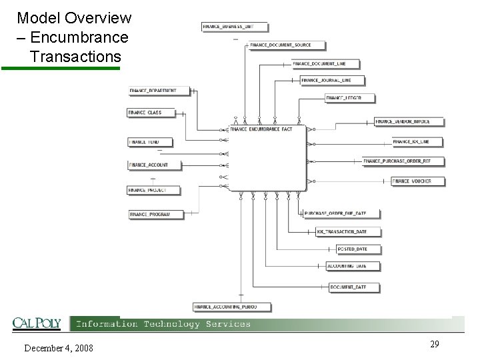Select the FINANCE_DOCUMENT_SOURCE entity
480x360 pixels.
(x=280, y=45)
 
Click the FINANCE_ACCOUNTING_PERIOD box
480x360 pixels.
(x=223, y=307)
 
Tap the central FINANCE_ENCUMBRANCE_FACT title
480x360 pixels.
(x=261, y=129)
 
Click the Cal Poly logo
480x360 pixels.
(x=37, y=324)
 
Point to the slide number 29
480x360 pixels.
(x=434, y=344)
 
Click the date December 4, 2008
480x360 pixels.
(x=59, y=348)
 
